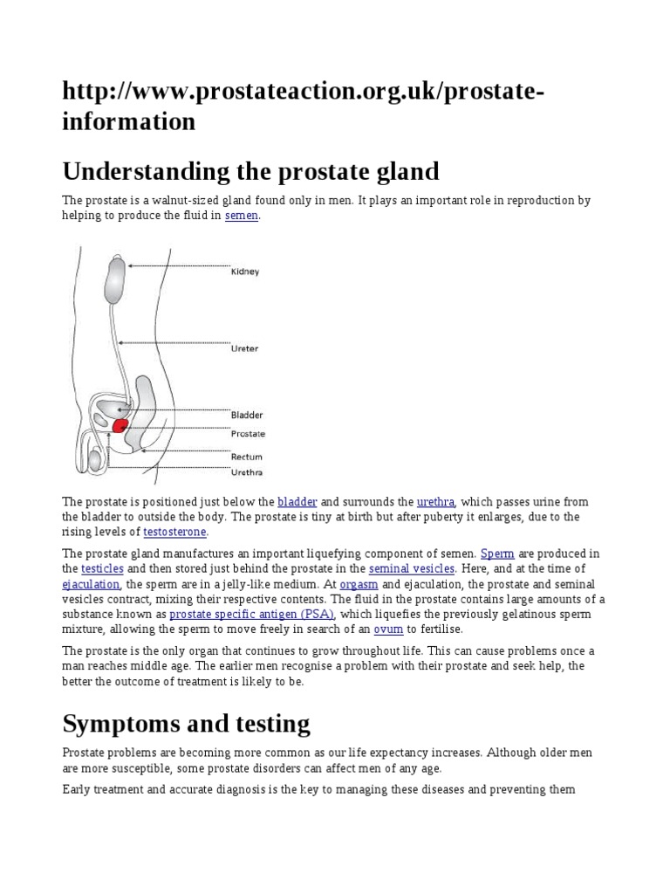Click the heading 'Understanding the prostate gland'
coord(250,170)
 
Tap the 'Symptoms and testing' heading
coord(186,723)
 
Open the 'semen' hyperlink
coord(242,216)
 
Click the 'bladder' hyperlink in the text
coord(297,501)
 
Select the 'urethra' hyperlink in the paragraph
coord(436,501)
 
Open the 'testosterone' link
coord(181,531)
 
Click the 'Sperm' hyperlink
coord(497,554)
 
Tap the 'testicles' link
coord(102,568)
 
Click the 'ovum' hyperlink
coord(388,629)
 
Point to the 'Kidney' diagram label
coord(245,272)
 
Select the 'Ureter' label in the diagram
coord(244,348)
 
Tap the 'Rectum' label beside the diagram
coord(246,457)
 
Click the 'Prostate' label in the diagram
coord(248,433)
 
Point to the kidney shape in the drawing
coord(116,279)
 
